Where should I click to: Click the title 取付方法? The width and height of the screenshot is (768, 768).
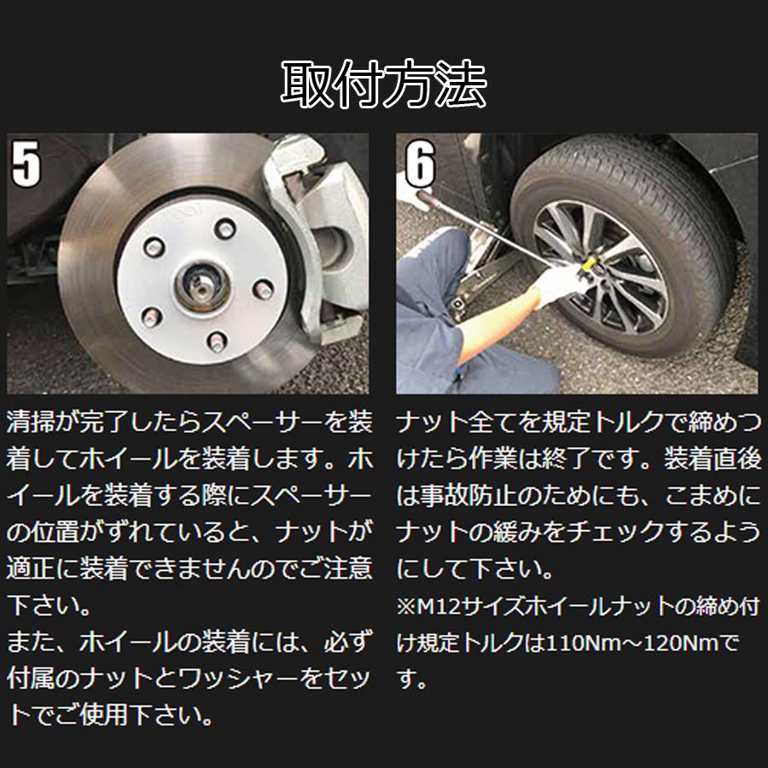383,84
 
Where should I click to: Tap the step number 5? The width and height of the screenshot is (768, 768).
26,164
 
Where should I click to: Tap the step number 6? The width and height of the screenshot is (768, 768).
420,164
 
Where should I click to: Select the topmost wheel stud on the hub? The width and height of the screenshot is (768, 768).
225,228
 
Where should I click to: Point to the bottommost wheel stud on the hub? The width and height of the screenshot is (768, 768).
217,341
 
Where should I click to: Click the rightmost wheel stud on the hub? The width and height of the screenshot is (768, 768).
263,290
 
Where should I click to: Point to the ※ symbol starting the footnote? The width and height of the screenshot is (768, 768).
406,607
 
